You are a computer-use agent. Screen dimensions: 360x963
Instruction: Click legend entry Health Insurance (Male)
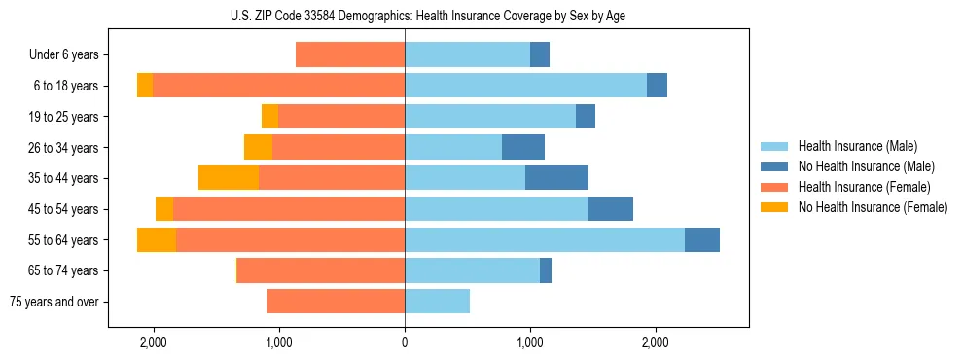(856, 146)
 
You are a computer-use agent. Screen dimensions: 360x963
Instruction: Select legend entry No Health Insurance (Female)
(873, 207)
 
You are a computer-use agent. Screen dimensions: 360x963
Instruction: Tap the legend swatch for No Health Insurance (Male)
(774, 166)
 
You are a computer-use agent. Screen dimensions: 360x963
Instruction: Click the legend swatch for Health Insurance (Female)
(774, 187)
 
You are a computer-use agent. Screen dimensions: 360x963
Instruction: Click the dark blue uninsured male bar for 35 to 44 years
(556, 178)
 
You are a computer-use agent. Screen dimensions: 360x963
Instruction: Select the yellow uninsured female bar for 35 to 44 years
(229, 178)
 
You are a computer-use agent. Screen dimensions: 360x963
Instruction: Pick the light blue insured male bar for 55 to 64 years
(545, 239)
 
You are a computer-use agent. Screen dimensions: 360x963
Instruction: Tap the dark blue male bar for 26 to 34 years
(523, 147)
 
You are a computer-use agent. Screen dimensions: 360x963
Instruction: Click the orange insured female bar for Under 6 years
(350, 55)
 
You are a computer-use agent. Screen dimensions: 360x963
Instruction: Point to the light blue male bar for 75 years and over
(437, 302)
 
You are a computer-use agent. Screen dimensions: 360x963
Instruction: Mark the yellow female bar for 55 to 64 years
(157, 239)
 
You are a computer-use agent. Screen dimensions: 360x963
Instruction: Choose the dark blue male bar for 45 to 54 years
(610, 209)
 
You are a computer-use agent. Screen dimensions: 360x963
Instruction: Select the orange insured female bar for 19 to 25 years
(341, 117)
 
